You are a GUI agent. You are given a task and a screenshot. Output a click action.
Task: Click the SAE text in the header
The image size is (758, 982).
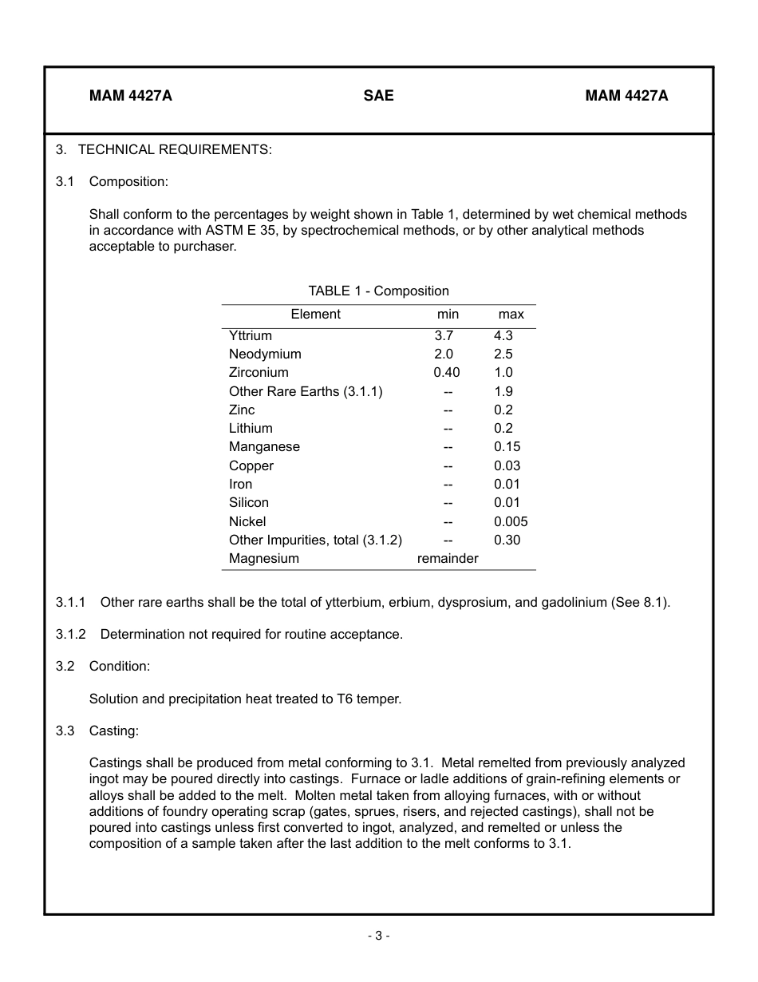click(x=378, y=96)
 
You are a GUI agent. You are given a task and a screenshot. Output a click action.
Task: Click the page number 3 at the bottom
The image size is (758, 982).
click(x=378, y=936)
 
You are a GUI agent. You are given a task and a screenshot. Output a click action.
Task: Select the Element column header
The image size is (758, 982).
click(x=315, y=315)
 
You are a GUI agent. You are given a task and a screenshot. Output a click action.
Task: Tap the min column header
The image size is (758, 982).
click(x=448, y=315)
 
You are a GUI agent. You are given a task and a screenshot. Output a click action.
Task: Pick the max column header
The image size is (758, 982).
click(x=511, y=315)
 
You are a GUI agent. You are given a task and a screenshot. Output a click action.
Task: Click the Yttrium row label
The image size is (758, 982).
click(x=250, y=336)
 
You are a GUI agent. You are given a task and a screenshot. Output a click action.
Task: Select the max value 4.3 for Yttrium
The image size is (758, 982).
click(x=503, y=336)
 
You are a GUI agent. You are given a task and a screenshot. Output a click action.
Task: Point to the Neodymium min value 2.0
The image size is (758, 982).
click(x=444, y=354)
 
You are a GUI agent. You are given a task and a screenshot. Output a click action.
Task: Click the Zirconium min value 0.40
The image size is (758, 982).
click(x=447, y=373)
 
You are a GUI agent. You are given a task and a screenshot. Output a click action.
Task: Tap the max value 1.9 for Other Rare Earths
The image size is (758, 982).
click(x=503, y=392)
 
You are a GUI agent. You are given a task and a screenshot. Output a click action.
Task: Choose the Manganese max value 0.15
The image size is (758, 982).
click(x=507, y=447)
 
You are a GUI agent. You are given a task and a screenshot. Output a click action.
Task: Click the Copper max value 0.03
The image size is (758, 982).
click(x=507, y=466)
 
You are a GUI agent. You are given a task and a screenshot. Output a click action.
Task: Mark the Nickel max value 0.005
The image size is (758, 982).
click(x=511, y=522)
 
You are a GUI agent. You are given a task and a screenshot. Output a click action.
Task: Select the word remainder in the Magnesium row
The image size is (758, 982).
click(x=448, y=559)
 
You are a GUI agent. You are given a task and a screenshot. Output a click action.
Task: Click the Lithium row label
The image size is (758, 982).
click(x=251, y=429)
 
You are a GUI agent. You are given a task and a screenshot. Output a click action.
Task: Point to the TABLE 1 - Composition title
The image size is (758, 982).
click(x=378, y=291)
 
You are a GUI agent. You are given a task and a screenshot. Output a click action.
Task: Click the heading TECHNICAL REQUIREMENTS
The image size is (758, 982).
click(x=175, y=149)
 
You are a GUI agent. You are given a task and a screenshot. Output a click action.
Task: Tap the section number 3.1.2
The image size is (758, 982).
click(x=71, y=635)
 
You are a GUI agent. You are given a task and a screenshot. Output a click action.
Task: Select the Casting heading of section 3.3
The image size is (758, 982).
click(x=113, y=731)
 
